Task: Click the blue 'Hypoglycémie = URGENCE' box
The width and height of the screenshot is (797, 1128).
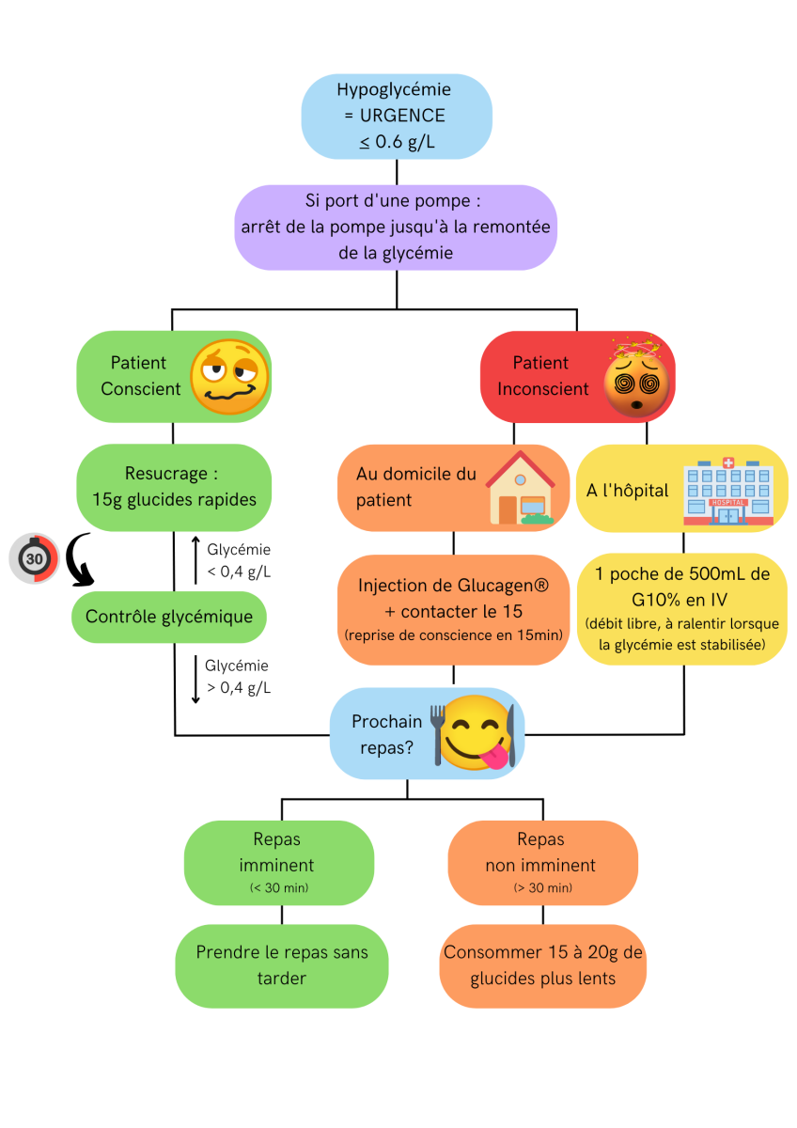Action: click(396, 117)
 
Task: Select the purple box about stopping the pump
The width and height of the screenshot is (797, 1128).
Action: click(396, 227)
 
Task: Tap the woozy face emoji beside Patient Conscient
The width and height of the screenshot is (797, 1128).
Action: click(229, 379)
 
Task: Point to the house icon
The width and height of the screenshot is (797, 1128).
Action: click(520, 488)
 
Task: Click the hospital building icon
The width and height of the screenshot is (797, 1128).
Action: click(729, 492)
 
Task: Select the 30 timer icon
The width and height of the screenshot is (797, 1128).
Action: click(35, 558)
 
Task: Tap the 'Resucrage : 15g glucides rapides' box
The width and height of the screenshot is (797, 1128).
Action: click(173, 487)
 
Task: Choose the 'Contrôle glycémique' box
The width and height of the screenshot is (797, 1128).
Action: click(169, 618)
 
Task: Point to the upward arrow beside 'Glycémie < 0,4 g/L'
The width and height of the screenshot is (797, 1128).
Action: click(195, 557)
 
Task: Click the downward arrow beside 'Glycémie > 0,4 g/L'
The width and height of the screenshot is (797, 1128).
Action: click(195, 680)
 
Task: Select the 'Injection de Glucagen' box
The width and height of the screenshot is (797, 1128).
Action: click(454, 609)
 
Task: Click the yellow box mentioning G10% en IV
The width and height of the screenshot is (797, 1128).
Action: click(681, 609)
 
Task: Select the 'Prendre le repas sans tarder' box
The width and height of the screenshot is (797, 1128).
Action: click(282, 964)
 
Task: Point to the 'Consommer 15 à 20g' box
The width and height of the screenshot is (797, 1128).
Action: click(542, 964)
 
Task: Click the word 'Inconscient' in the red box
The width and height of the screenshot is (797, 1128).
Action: click(542, 388)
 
